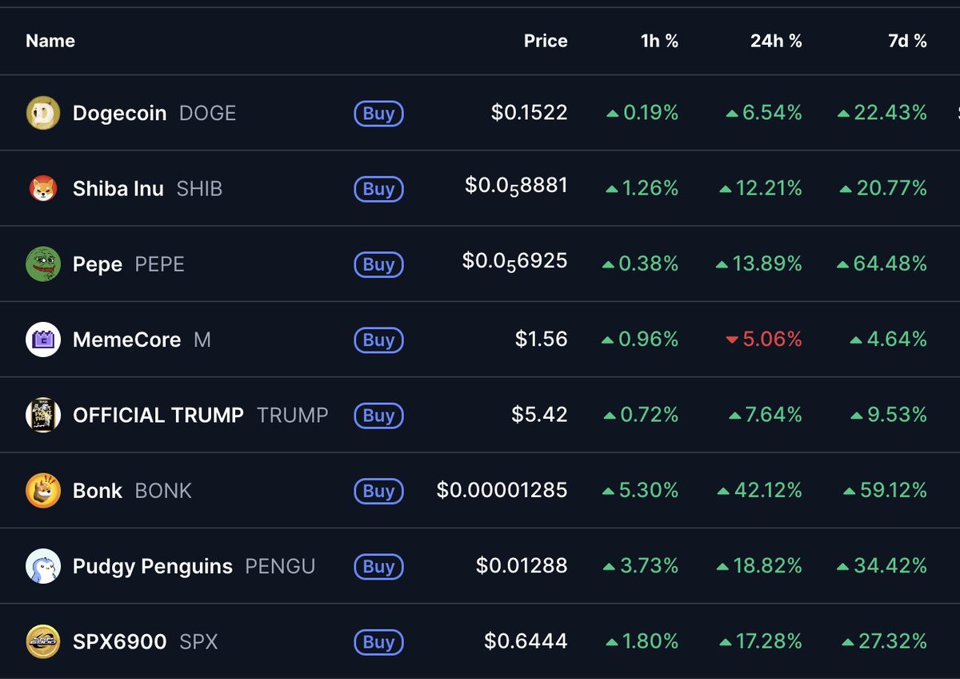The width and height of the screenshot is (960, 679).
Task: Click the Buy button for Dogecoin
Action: point(378,114)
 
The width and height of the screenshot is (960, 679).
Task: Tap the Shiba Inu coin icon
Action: point(43,189)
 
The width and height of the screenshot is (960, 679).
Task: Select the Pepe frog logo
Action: point(43,264)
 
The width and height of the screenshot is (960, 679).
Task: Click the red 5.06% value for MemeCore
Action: point(772,339)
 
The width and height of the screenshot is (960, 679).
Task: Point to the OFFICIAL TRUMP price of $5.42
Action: point(539,415)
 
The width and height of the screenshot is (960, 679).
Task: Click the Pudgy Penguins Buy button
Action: point(378,567)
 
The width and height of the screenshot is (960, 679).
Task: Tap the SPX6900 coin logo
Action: point(43,642)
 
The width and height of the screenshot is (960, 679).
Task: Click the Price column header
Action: point(546,41)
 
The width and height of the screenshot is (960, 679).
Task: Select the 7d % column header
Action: point(907,41)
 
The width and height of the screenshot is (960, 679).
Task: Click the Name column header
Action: point(50,41)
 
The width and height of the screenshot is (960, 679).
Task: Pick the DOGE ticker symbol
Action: point(207,114)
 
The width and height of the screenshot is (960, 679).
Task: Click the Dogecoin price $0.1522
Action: point(529,114)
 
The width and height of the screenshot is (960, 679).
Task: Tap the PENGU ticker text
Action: point(280,567)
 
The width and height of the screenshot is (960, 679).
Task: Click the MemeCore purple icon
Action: point(43,339)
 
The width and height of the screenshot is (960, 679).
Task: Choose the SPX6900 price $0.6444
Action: point(526,642)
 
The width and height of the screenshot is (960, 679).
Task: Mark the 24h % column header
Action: point(776,41)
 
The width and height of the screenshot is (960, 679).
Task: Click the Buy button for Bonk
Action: point(378,491)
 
